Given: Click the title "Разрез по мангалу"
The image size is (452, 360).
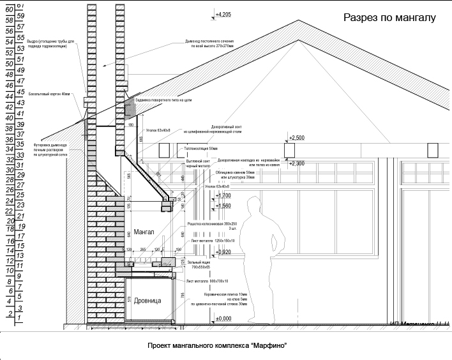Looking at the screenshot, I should (x=389, y=18).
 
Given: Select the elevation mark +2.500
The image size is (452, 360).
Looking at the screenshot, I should (x=296, y=138).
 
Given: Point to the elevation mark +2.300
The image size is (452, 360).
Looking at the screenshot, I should (x=296, y=163).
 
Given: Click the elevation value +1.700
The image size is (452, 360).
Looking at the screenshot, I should (x=223, y=195).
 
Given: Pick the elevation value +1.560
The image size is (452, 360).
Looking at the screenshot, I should (x=223, y=206).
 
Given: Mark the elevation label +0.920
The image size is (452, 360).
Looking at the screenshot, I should (x=223, y=252).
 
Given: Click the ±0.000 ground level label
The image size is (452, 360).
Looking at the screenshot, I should (x=223, y=318).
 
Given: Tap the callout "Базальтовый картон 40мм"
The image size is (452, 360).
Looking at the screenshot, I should (x=50, y=94).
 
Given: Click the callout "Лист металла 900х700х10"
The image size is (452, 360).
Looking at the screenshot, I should (x=207, y=280).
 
